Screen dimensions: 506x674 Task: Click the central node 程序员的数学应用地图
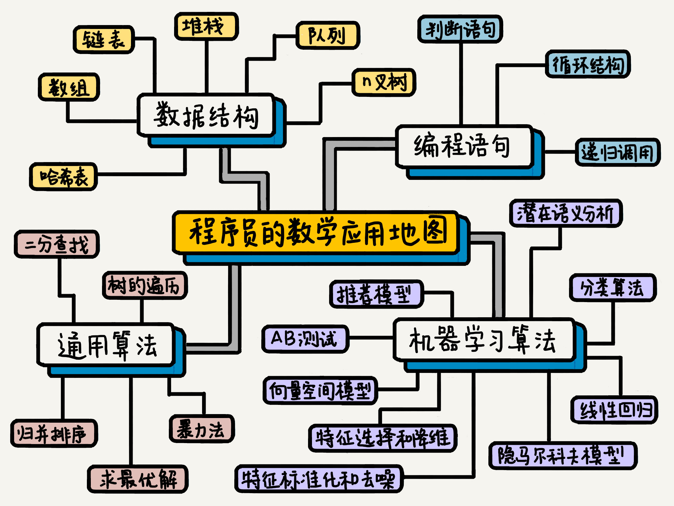tap(316, 233)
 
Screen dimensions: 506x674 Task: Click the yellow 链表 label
tap(104, 40)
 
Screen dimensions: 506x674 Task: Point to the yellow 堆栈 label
tap(206, 26)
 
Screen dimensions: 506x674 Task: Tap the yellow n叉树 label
tap(384, 82)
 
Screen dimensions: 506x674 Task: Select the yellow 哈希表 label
tap(64, 177)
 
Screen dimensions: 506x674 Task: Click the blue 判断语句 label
tap(460, 29)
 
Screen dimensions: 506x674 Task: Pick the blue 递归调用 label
tap(617, 152)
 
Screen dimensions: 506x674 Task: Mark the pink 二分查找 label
tap(57, 244)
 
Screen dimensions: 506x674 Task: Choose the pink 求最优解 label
tap(138, 479)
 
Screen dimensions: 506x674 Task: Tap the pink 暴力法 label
tap(201, 429)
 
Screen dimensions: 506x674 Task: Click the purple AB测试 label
tap(305, 339)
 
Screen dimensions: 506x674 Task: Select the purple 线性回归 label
tap(614, 410)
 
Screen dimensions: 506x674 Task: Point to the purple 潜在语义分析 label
tap(565, 213)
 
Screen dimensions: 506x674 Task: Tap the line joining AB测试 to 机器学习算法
tap(371, 338)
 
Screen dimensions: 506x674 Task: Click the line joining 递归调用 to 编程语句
tap(559, 152)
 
